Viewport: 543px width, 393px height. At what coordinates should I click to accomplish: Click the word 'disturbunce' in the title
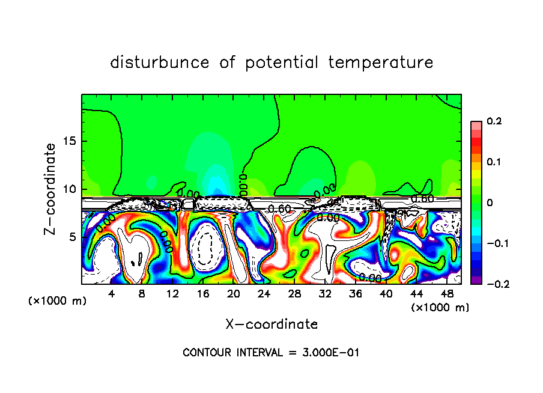(x=160, y=62)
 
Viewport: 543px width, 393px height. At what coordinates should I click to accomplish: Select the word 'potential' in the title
(x=282, y=62)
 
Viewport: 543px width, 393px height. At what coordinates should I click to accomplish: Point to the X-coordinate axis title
(x=271, y=324)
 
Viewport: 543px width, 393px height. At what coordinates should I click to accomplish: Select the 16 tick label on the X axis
(x=203, y=294)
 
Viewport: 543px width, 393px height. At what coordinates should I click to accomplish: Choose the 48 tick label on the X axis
(x=447, y=294)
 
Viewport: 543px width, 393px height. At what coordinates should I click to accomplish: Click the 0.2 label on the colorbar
(x=494, y=121)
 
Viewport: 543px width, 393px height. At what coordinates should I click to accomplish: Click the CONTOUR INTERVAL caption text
(x=271, y=353)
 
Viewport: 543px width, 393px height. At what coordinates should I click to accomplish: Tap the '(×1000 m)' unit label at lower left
(x=57, y=301)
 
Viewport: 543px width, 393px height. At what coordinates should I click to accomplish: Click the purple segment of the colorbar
(x=476, y=279)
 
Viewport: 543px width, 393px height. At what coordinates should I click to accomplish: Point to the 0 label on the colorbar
(x=490, y=203)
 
